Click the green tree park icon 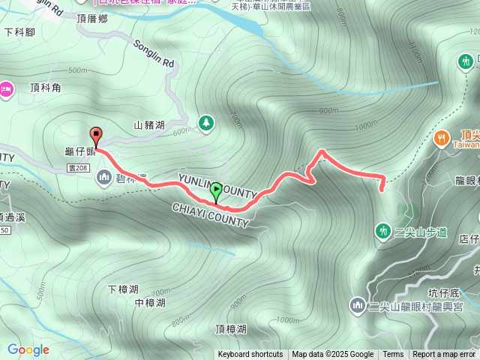coord(205,122)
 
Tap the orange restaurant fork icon coord(441,138)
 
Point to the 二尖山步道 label coord(421,232)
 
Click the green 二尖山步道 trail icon coord(383,230)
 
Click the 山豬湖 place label coord(149,126)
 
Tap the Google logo coord(28,349)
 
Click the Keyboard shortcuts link coord(250,355)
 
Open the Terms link coord(393,355)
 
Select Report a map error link coord(444,355)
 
